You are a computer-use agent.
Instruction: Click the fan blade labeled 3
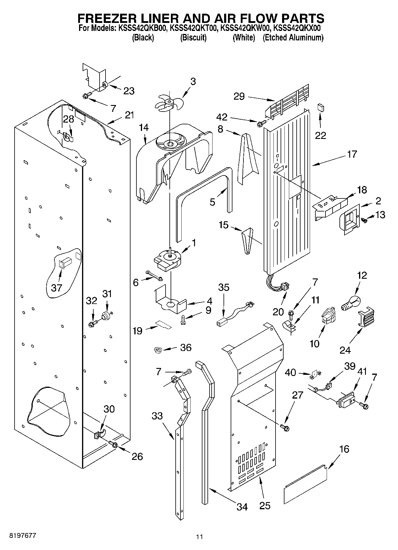(169, 103)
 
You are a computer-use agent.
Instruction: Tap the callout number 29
(239, 96)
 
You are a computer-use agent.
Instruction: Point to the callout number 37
(56, 288)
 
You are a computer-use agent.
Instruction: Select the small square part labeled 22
(321, 107)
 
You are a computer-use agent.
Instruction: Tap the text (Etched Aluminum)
(293, 38)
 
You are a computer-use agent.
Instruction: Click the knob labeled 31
(106, 315)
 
